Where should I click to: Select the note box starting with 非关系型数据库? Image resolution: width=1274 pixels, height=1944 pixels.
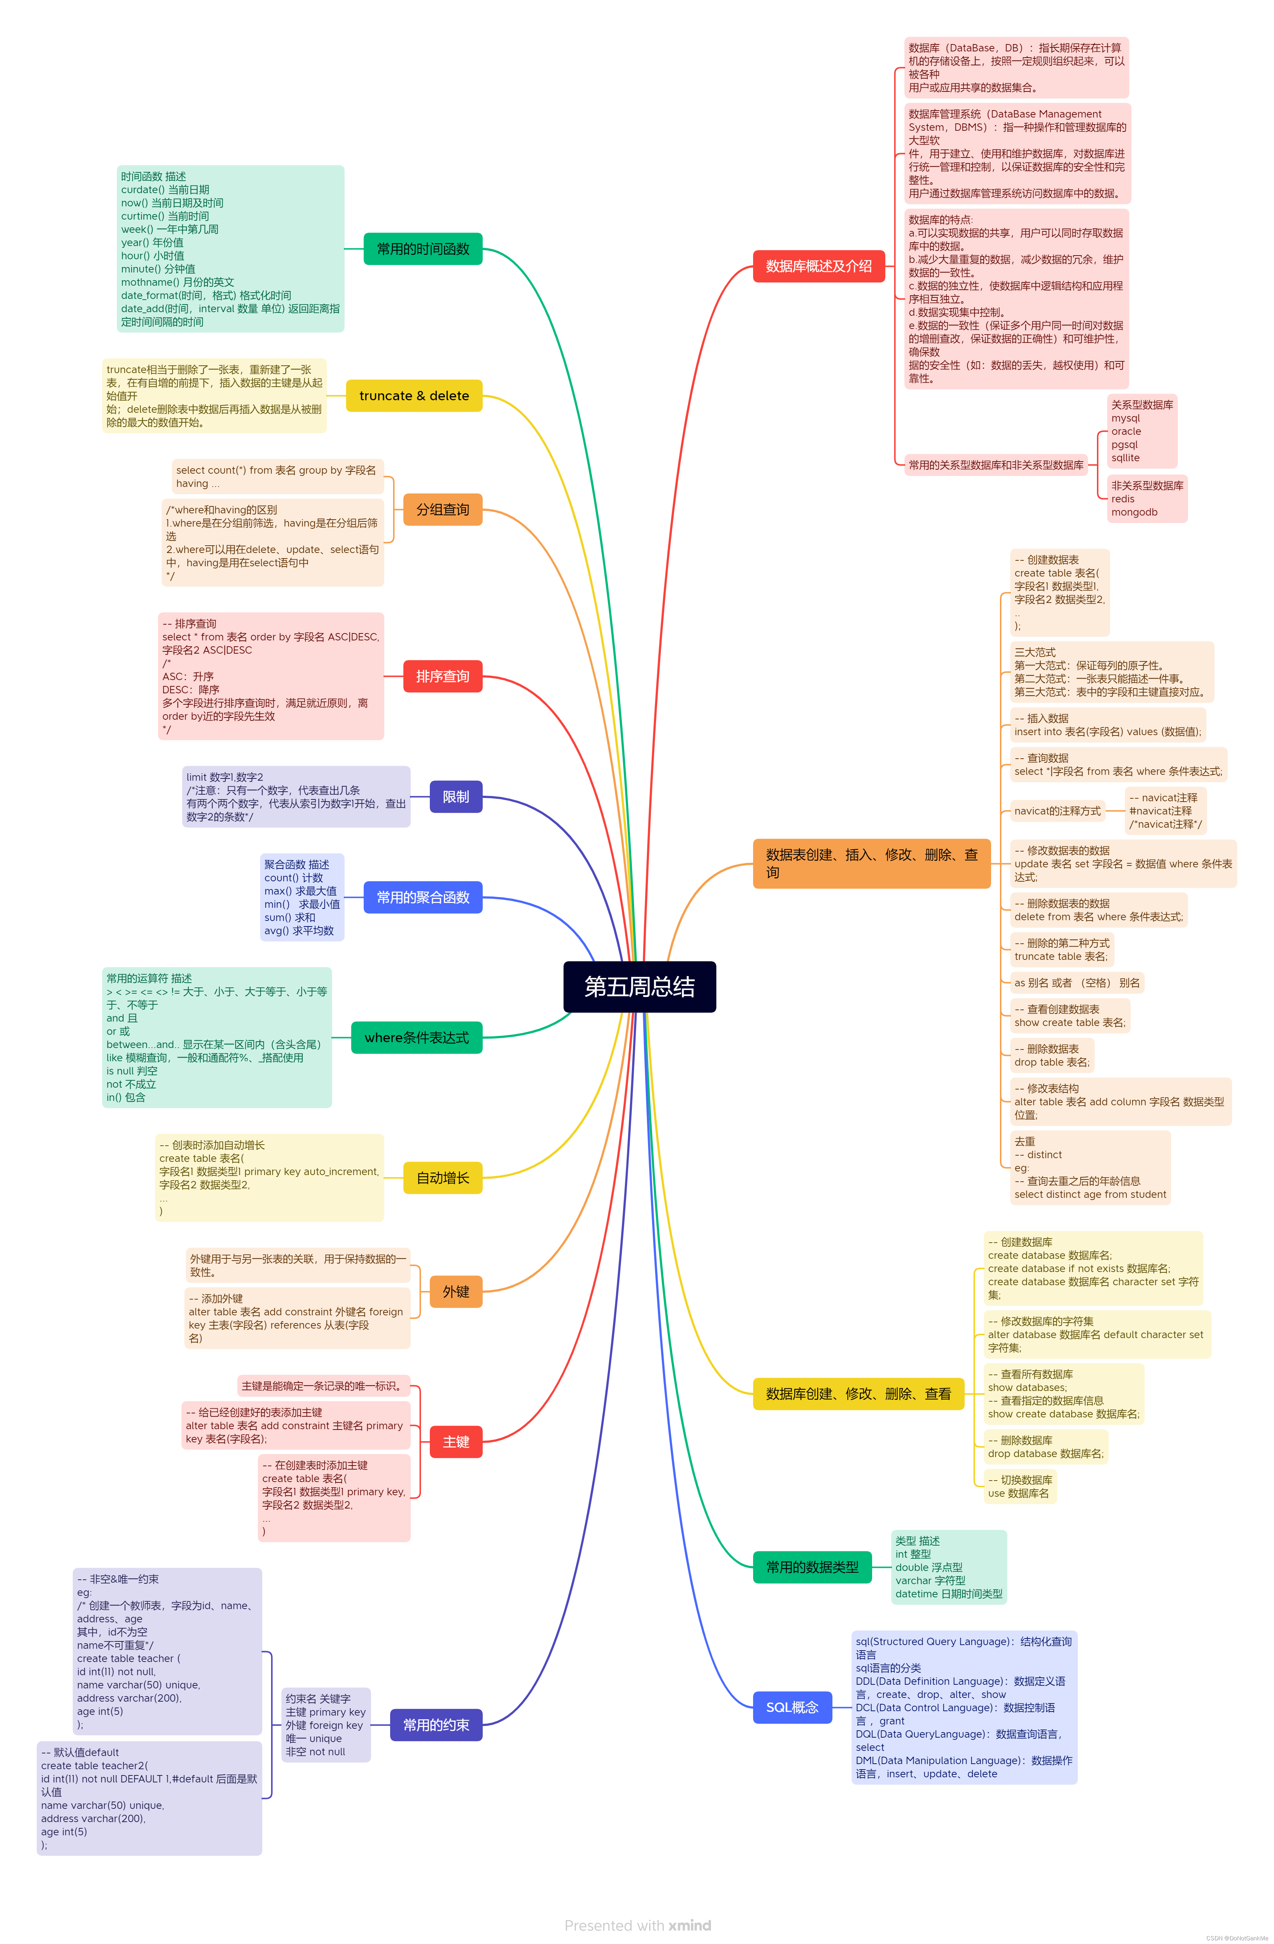click(x=1147, y=498)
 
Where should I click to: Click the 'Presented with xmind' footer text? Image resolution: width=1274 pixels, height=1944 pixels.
click(x=637, y=1925)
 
